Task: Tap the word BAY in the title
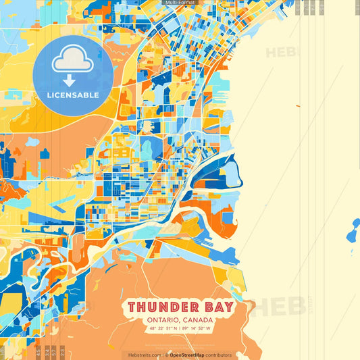tap(217, 307)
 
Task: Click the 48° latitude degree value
tap(153, 329)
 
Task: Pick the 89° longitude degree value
tap(185, 329)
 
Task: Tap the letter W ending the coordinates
tap(209, 329)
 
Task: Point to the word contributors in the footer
tap(218, 355)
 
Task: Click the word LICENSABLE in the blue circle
tap(73, 95)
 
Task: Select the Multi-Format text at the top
tap(180, 3)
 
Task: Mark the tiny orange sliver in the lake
tap(297, 106)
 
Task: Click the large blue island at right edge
tap(354, 232)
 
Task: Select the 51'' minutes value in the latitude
tap(175, 329)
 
